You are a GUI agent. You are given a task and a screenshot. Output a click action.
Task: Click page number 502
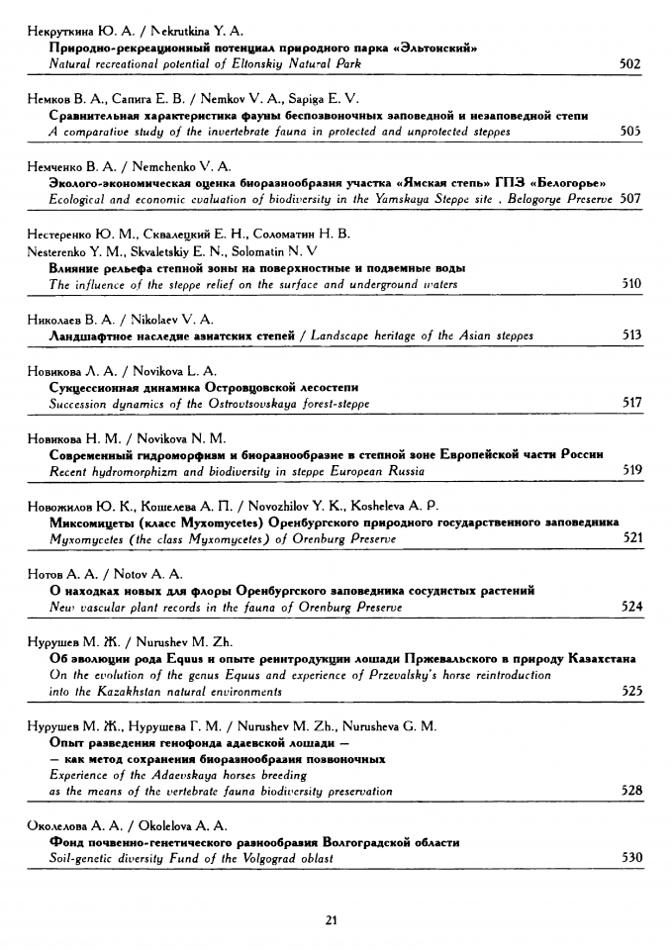pyautogui.click(x=630, y=64)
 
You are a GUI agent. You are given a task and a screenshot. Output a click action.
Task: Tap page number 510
pyautogui.click(x=630, y=284)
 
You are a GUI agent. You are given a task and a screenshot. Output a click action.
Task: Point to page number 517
pyautogui.click(x=631, y=403)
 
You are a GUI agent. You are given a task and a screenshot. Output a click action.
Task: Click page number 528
pyautogui.click(x=631, y=791)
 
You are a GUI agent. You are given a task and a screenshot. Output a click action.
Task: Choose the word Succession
pyautogui.click(x=80, y=403)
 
